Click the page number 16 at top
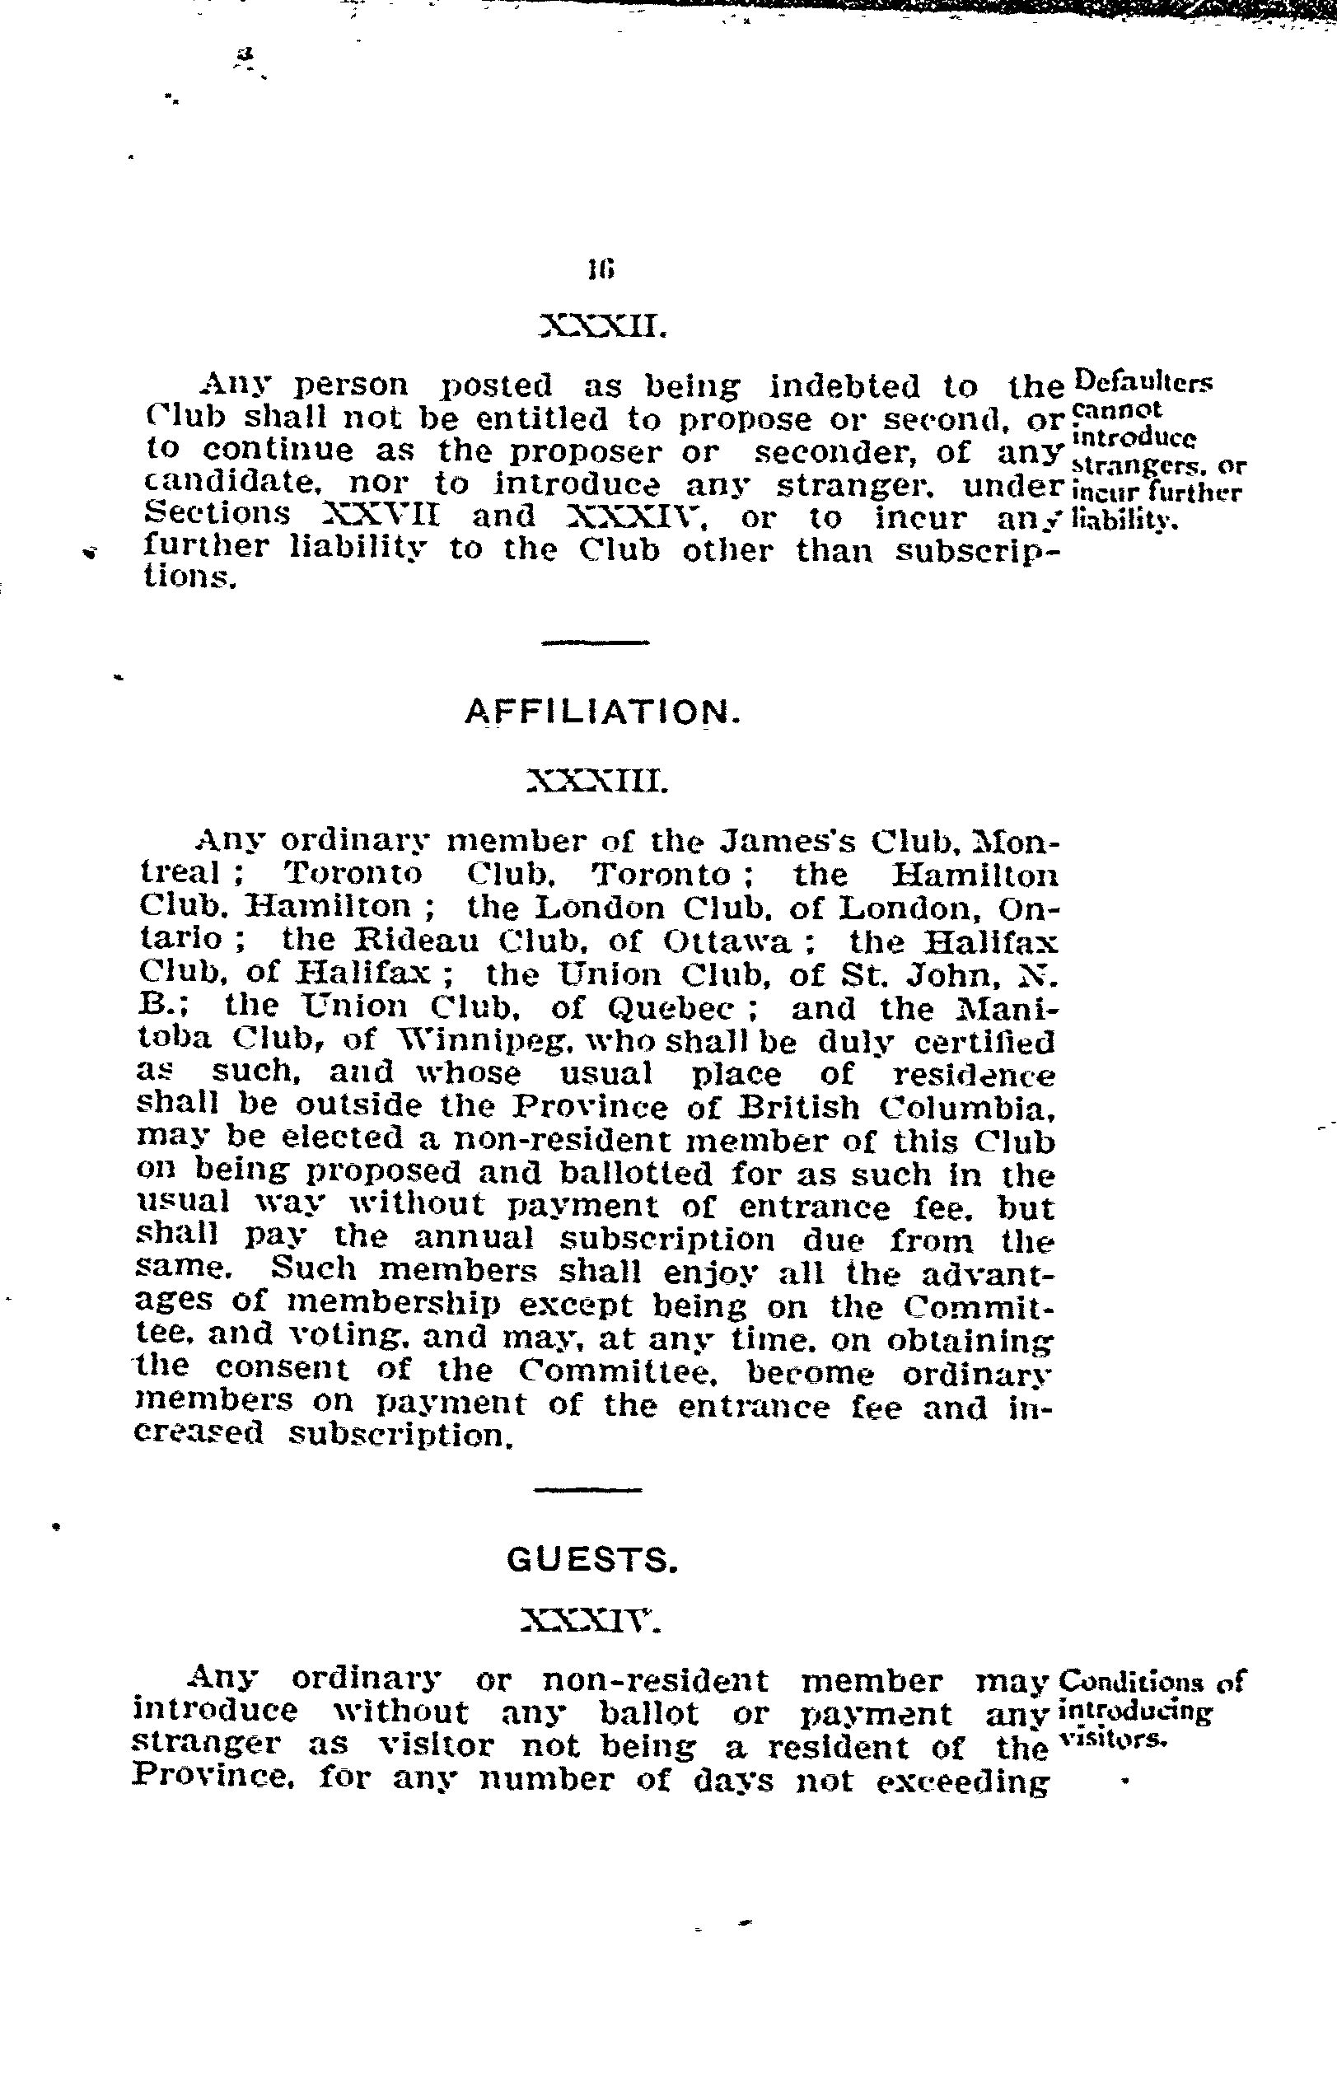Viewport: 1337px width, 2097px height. (x=601, y=270)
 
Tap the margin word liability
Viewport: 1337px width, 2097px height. (x=1124, y=521)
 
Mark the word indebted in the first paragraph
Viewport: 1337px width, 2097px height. (x=845, y=385)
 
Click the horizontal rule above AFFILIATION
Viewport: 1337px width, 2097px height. (x=595, y=642)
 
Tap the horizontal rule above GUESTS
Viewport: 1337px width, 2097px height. (x=588, y=1490)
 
